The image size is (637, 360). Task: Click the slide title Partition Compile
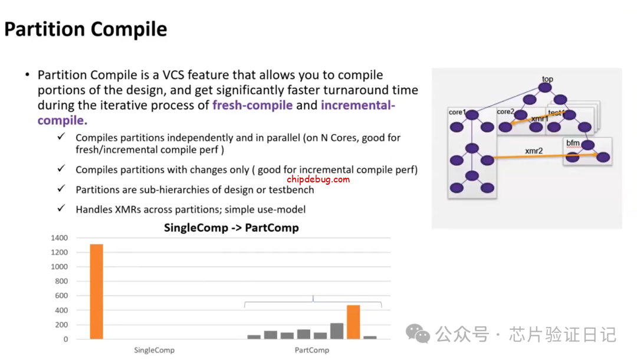click(86, 30)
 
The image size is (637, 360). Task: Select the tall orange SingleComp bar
click(97, 292)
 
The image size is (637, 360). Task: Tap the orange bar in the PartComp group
click(353, 322)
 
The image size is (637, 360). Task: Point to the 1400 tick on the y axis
click(60, 238)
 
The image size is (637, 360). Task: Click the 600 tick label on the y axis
click(61, 296)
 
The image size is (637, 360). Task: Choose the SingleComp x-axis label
click(155, 350)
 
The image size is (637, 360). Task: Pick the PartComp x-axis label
click(312, 350)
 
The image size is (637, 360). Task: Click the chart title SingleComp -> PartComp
click(231, 228)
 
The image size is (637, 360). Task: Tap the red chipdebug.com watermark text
click(318, 179)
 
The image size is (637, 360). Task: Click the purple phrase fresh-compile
click(252, 105)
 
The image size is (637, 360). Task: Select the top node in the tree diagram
click(545, 87)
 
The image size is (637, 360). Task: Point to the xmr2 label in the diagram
click(534, 150)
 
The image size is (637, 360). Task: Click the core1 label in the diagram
click(457, 112)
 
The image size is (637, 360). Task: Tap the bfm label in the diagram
click(573, 143)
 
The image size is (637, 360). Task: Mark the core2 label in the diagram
click(505, 112)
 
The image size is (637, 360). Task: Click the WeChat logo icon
click(418, 333)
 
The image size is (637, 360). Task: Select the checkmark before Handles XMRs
click(61, 208)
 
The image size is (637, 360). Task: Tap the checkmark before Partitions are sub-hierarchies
click(61, 188)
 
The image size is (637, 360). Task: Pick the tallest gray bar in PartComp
click(337, 331)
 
